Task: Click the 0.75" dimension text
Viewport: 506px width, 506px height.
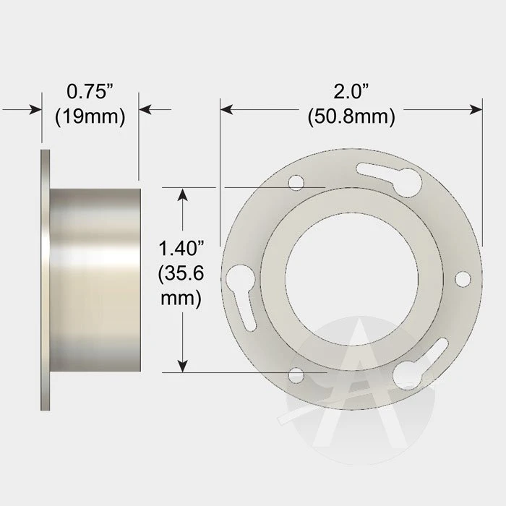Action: [x=90, y=92]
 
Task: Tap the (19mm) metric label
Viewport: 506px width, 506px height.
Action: [x=90, y=116]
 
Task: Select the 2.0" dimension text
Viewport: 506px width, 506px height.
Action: [x=351, y=92]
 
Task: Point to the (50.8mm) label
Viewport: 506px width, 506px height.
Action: [x=351, y=116]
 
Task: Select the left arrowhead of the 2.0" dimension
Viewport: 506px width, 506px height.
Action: [x=226, y=109]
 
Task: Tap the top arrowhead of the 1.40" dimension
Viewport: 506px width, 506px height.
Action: [x=184, y=194]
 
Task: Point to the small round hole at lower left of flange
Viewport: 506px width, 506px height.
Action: [x=295, y=376]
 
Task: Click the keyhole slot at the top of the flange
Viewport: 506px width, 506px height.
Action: [x=390, y=176]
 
